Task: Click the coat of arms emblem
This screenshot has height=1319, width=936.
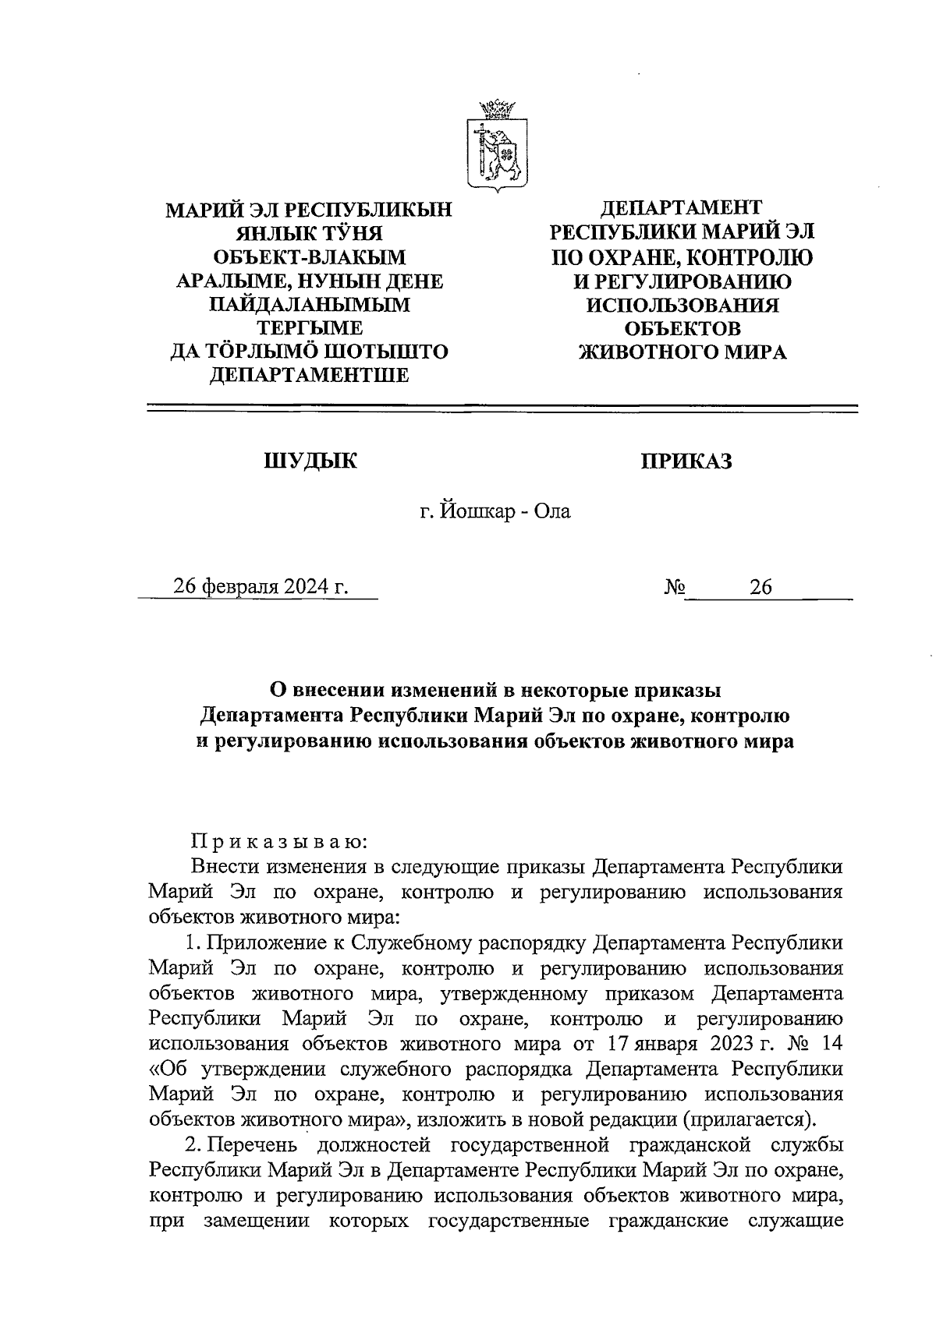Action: [x=497, y=146]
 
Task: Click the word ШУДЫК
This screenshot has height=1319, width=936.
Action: [x=310, y=461]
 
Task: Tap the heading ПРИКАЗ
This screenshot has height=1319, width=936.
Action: [x=686, y=461]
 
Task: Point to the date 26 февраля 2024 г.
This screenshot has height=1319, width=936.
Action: [x=261, y=586]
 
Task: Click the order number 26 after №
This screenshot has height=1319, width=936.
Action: [x=760, y=587]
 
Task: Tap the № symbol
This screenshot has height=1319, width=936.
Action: [x=675, y=587]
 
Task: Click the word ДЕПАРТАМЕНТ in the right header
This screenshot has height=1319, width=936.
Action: [x=680, y=207]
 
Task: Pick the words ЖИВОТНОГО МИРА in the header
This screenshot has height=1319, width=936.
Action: [x=682, y=352]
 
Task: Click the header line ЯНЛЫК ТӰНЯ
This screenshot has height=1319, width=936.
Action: [x=309, y=232]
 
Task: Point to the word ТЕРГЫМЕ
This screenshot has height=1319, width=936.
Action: [x=310, y=328]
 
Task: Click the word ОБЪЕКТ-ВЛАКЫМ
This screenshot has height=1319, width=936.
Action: [x=309, y=256]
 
